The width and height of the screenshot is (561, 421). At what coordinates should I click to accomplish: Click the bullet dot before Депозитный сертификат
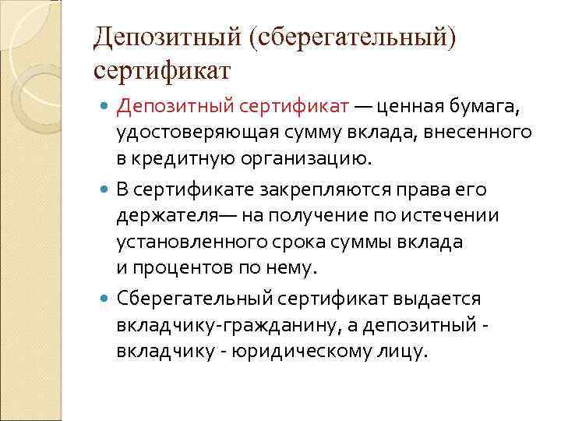106,104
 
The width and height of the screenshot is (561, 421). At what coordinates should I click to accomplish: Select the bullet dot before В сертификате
106,189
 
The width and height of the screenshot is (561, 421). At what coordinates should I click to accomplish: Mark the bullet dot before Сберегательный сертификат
106,298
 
